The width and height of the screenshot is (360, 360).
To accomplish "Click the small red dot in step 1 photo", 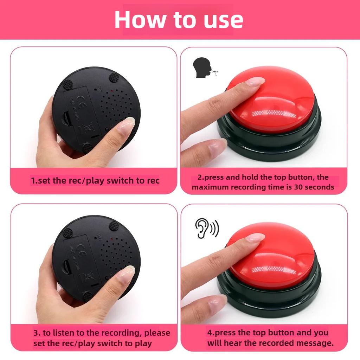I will point(111,91).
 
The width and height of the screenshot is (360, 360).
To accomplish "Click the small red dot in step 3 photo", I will point(111,239).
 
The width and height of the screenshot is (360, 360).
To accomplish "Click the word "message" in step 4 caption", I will point(314,343).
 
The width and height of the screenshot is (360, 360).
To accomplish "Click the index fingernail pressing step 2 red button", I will point(255,81).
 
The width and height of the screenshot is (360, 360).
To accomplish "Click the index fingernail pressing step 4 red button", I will point(255,237).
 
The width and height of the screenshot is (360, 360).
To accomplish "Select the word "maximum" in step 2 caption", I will point(210,187).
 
